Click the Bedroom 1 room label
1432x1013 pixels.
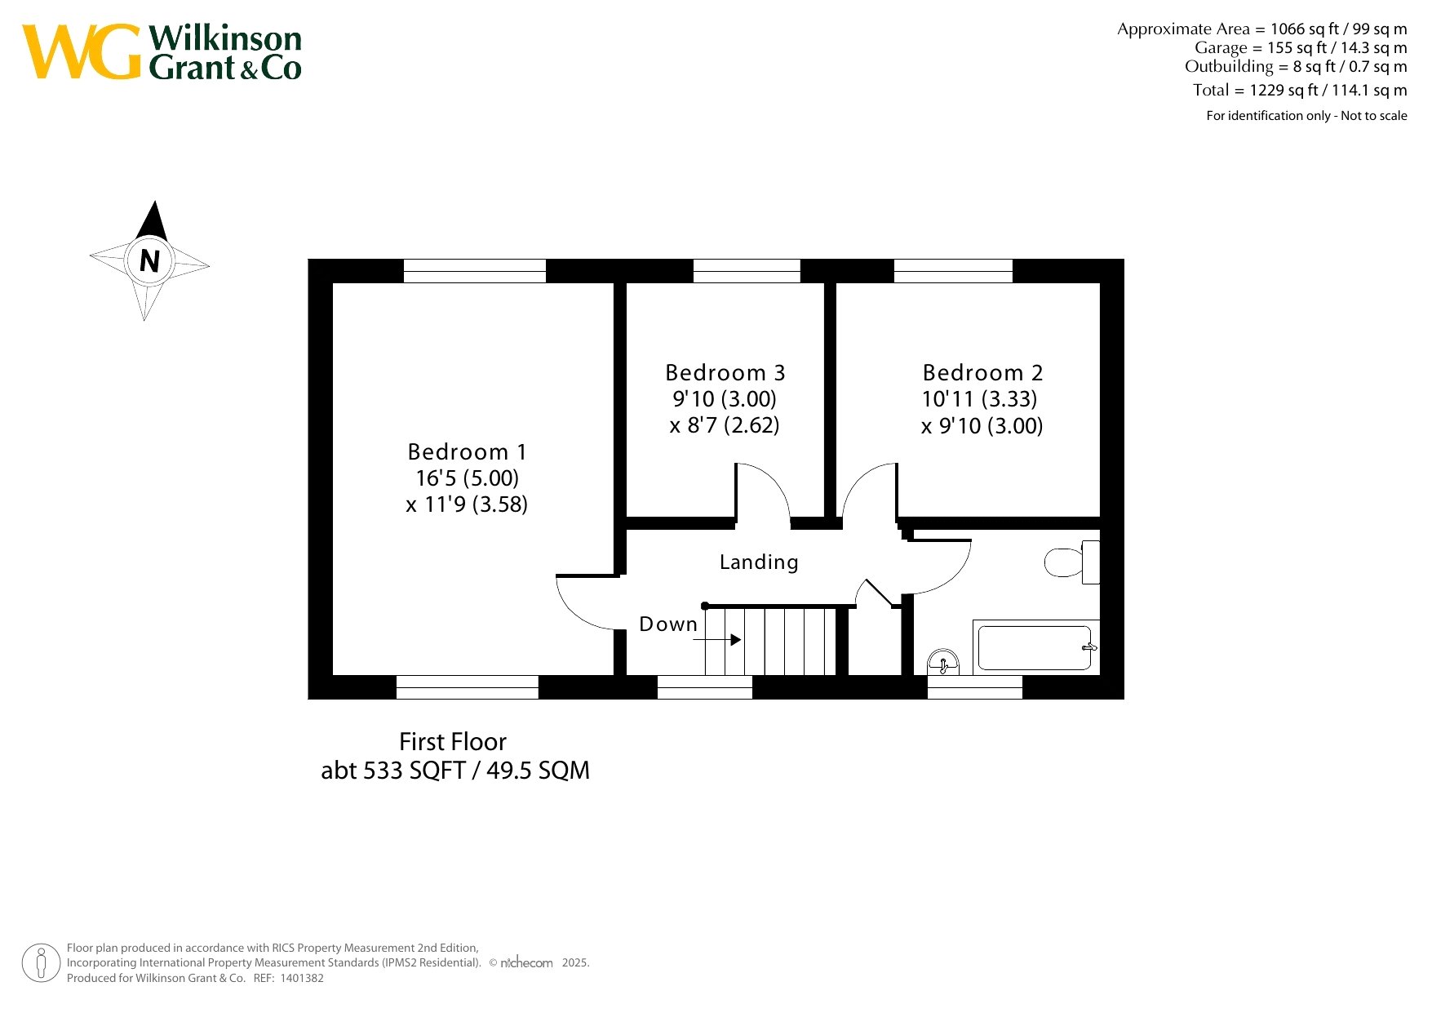click(x=467, y=451)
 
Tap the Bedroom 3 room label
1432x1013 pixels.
click(x=725, y=373)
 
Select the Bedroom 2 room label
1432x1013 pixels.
click(x=982, y=373)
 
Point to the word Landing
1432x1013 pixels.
click(x=759, y=562)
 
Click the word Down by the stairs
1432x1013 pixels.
click(x=668, y=624)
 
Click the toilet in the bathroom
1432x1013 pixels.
click(x=1072, y=562)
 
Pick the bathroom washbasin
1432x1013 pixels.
click(x=943, y=663)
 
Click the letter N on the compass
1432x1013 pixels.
click(x=149, y=261)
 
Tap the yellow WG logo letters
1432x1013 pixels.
click(x=82, y=51)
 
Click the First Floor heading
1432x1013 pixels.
click(x=453, y=742)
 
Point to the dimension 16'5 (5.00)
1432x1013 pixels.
click(x=467, y=478)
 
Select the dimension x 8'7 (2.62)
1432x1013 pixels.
click(x=725, y=425)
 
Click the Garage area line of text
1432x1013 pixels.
click(x=1301, y=48)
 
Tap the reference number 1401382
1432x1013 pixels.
click(x=302, y=978)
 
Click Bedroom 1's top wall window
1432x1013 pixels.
click(x=475, y=271)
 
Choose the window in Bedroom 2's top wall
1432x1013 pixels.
click(x=953, y=271)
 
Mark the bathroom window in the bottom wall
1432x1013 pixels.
click(x=975, y=687)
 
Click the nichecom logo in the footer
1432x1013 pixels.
click(x=526, y=963)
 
